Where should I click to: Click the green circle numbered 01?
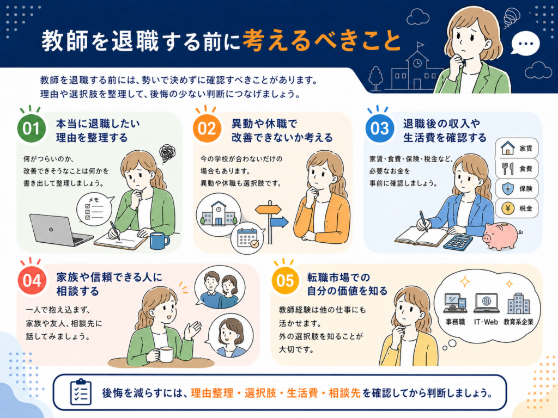click(x=31, y=128)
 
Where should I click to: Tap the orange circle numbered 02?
click(x=207, y=128)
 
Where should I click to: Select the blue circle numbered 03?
click(x=380, y=128)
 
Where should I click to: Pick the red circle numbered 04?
click(x=32, y=280)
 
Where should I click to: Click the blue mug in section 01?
click(x=159, y=241)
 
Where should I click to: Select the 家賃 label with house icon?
click(x=517, y=148)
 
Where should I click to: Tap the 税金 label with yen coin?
click(x=517, y=208)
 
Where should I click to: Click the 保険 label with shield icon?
click(x=517, y=188)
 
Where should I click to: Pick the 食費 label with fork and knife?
click(x=517, y=168)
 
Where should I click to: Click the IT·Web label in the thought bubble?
click(x=486, y=322)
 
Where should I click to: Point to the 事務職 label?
click(x=455, y=322)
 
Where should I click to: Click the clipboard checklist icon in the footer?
click(x=81, y=392)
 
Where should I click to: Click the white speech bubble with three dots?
click(x=525, y=44)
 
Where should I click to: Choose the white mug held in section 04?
click(x=165, y=354)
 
